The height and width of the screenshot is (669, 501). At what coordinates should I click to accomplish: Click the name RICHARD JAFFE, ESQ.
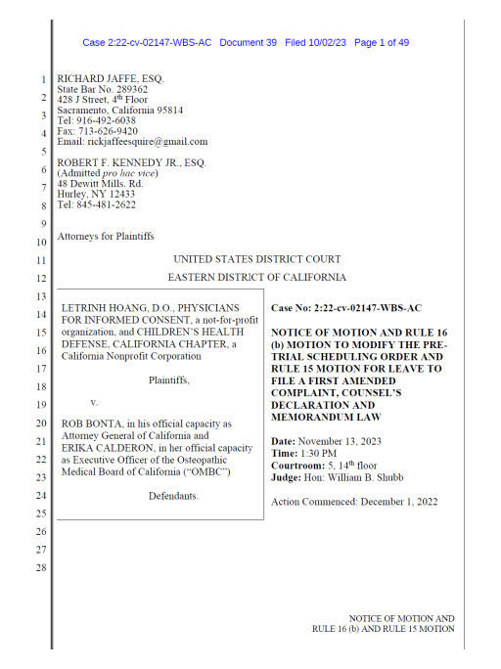click(x=112, y=78)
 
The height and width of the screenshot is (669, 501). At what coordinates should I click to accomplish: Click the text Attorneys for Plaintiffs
click(x=106, y=237)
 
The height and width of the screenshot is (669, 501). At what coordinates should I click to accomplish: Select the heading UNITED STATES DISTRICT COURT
click(x=257, y=259)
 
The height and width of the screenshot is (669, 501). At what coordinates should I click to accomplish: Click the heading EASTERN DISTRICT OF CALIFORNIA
click(x=256, y=279)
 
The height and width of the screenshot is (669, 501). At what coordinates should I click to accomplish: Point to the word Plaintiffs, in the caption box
click(x=161, y=379)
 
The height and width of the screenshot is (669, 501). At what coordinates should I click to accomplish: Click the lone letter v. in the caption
click(x=94, y=402)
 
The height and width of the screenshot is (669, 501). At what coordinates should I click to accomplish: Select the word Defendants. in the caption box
click(x=173, y=496)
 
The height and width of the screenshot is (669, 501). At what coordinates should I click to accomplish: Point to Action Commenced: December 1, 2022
click(x=353, y=502)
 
